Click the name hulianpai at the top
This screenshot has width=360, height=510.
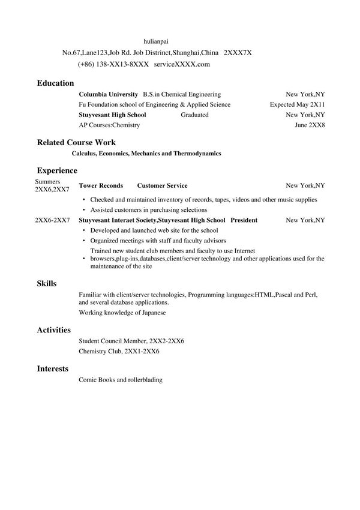click(156, 41)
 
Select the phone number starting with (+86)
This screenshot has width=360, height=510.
click(113, 64)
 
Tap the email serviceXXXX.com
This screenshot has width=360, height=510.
click(182, 64)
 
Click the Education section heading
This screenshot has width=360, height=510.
click(55, 83)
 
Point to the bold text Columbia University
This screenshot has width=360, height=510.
click(109, 94)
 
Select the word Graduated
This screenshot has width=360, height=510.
click(194, 115)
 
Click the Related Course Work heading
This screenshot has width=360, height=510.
click(76, 143)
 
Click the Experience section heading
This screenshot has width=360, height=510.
click(57, 170)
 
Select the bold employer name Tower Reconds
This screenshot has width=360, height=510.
click(101, 186)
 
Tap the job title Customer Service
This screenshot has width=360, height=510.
click(162, 186)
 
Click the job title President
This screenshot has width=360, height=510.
click(244, 220)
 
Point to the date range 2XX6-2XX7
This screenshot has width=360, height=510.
click(52, 220)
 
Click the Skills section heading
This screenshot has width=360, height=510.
click(47, 283)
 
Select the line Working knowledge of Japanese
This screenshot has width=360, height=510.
click(122, 313)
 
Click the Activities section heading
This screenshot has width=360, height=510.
click(54, 330)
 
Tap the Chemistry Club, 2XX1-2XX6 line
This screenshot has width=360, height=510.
click(119, 351)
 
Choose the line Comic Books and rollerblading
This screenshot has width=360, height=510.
click(121, 380)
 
